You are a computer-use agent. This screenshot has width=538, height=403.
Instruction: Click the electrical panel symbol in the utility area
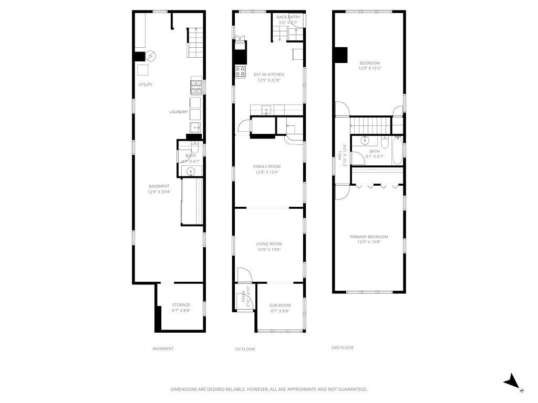pyautogui.click(x=151, y=55)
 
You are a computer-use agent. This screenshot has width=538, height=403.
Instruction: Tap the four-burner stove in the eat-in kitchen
pyautogui.click(x=241, y=71)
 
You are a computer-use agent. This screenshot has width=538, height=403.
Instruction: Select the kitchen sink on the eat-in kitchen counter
pyautogui.click(x=267, y=110)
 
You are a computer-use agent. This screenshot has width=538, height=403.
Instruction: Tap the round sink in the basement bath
pyautogui.click(x=191, y=171)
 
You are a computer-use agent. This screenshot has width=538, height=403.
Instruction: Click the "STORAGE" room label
pyautogui.click(x=181, y=305)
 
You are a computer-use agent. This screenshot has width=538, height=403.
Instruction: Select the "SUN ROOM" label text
pyautogui.click(x=280, y=305)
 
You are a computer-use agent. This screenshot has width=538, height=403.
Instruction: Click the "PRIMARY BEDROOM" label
pyautogui.click(x=369, y=237)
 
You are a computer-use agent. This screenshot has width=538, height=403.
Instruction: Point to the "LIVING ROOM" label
pyautogui.click(x=269, y=243)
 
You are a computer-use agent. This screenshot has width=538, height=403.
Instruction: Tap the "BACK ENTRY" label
pyautogui.click(x=288, y=17)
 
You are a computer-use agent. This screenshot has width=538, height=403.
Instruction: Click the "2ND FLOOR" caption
pyautogui.click(x=342, y=347)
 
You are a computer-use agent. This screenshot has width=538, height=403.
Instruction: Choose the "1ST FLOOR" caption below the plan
pyautogui.click(x=245, y=348)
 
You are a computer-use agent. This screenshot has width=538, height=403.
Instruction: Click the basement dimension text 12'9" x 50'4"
pyautogui.click(x=159, y=192)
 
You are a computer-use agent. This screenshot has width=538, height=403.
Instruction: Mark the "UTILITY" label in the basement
pyautogui.click(x=146, y=84)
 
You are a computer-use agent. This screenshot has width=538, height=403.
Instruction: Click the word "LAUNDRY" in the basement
pyautogui.click(x=179, y=112)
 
